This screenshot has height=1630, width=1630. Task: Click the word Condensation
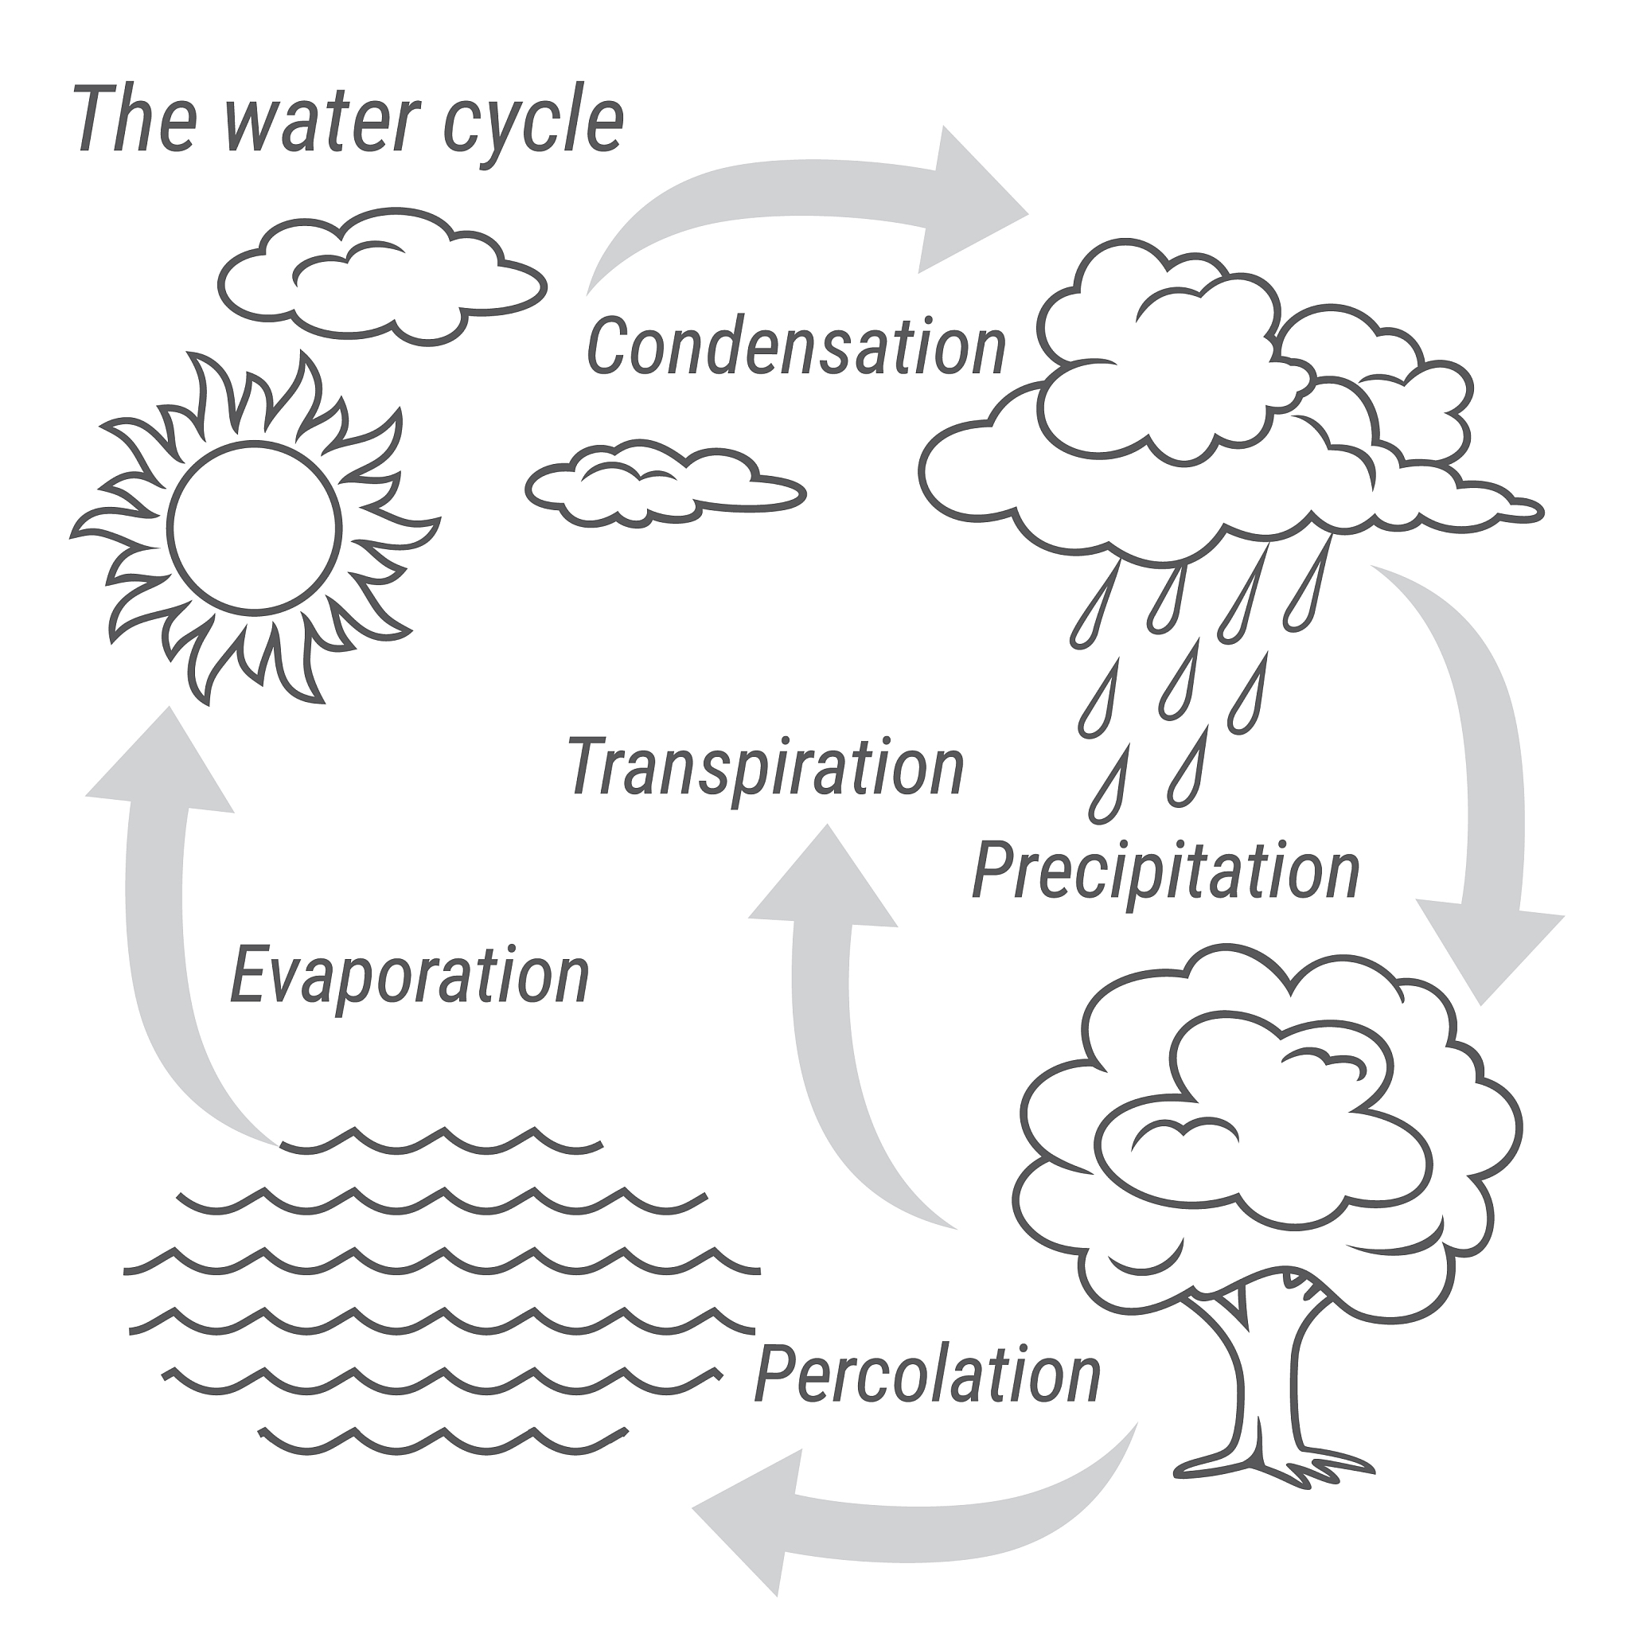tap(797, 345)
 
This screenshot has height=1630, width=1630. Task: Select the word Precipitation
tap(1166, 872)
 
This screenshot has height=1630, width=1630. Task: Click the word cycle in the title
tap(533, 123)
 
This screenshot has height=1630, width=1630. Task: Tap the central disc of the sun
tap(254, 528)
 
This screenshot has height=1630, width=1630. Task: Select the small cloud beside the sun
tap(665, 483)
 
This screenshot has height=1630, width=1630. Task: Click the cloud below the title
tap(382, 276)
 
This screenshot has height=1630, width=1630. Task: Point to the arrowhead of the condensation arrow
tap(970, 201)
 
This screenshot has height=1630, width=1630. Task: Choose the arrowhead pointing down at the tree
tap(1489, 953)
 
